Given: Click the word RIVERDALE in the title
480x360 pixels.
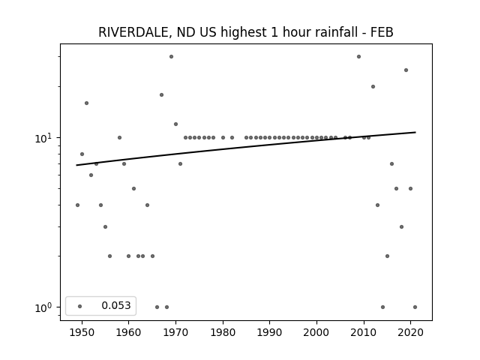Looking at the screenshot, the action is click(133, 32).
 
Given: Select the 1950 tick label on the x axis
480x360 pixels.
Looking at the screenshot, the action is click(82, 332).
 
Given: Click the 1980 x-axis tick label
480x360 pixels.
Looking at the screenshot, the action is click(223, 332).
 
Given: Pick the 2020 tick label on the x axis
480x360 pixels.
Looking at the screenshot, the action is click(411, 332).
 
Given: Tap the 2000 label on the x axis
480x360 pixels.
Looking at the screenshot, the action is click(316, 332).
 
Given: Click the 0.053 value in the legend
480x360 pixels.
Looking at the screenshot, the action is click(116, 305).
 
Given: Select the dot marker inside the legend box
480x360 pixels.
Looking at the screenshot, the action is click(80, 306).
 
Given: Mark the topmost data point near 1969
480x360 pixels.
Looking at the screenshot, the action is click(172, 57).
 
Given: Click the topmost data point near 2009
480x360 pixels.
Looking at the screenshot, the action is click(358, 57).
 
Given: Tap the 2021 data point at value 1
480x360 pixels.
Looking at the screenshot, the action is click(415, 307).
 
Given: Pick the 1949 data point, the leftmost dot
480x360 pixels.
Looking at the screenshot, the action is click(77, 205).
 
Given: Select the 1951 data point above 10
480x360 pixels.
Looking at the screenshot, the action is click(87, 103).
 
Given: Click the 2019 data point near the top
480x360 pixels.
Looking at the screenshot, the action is click(406, 70).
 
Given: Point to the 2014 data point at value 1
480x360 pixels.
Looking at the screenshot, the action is click(382, 307).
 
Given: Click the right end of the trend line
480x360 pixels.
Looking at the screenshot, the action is click(415, 132).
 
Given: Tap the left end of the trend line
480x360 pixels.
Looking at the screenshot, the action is click(76, 165).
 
